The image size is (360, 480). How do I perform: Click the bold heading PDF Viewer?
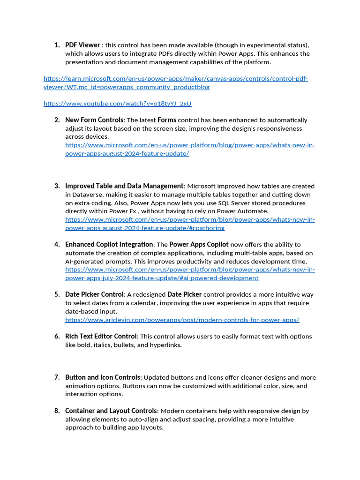[82, 45]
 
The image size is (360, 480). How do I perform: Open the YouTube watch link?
[117, 104]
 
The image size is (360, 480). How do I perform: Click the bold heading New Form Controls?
[94, 120]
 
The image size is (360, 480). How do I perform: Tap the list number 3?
[57, 186]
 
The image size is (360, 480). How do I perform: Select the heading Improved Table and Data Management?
[124, 186]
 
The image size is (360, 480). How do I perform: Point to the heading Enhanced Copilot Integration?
[109, 244]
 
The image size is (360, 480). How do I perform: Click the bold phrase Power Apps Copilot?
[199, 244]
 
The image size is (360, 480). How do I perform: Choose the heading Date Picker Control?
[94, 294]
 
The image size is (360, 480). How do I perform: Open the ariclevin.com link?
[182, 320]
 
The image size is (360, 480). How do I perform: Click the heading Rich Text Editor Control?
[101, 336]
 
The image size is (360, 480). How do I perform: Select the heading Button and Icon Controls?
[103, 377]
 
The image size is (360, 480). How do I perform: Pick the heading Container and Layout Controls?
[111, 411]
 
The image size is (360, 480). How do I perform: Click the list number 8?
[57, 411]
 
